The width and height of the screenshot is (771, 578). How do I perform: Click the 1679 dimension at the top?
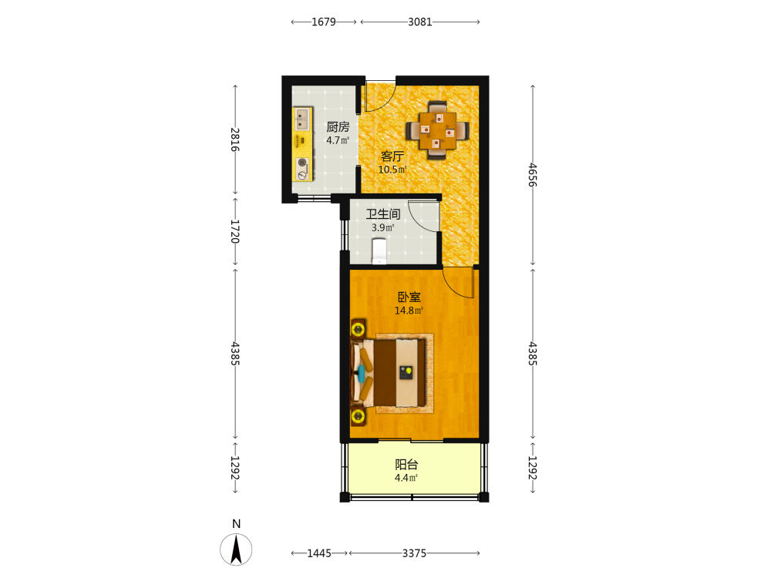[324, 22]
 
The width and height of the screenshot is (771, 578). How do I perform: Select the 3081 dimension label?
[420, 22]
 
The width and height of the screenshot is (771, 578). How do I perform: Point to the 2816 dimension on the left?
[235, 139]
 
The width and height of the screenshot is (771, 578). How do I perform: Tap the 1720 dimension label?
[235, 231]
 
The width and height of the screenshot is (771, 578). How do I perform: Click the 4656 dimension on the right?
[533, 175]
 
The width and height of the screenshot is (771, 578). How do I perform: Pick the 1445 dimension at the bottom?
[319, 553]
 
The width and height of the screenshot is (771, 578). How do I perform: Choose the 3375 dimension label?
[414, 553]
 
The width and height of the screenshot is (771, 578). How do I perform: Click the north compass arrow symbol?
[236, 549]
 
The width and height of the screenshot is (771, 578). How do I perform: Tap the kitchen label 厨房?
[338, 127]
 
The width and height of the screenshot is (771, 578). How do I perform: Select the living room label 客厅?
[392, 156]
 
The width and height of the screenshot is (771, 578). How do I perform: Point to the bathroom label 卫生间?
[383, 213]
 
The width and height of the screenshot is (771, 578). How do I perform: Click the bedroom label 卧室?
[409, 297]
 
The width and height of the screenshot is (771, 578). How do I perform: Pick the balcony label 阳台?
[406, 465]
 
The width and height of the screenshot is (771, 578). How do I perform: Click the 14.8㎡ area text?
[409, 311]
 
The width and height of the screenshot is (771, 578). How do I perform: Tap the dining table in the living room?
[437, 131]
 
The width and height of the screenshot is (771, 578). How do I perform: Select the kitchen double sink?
[302, 119]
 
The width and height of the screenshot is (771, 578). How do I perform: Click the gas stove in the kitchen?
[303, 169]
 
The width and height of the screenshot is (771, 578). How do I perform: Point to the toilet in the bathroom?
[379, 250]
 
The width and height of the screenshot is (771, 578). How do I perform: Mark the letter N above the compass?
[237, 524]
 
